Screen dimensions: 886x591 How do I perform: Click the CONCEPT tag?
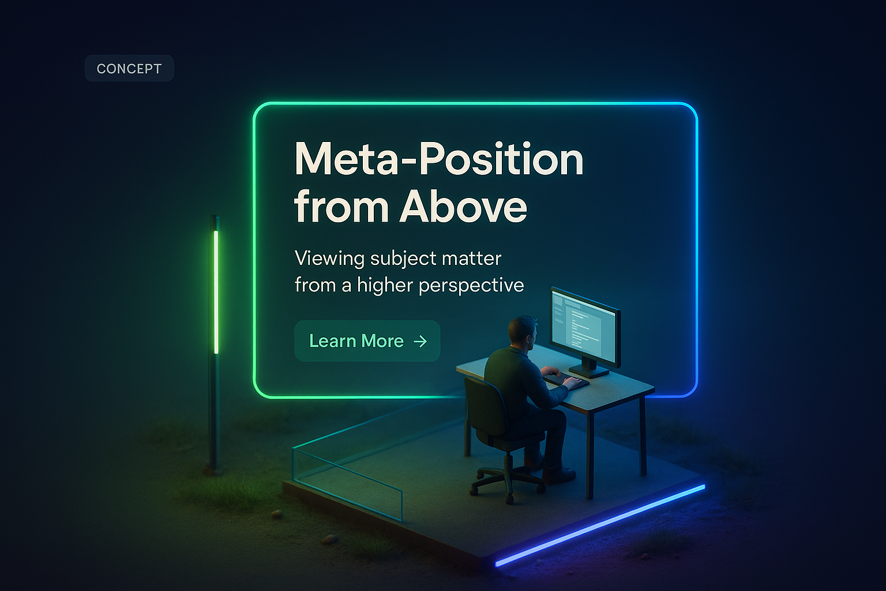[129, 69]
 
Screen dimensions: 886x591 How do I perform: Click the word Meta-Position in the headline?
[438, 159]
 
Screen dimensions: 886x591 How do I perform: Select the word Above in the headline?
[463, 207]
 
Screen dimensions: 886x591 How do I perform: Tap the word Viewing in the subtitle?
[329, 259]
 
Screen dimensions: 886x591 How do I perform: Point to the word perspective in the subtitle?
[471, 286]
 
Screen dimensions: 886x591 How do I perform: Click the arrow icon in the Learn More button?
[420, 341]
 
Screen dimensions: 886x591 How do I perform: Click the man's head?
[523, 331]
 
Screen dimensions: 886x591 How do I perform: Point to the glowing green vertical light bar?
[216, 292]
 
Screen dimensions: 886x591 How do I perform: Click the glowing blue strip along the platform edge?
[600, 525]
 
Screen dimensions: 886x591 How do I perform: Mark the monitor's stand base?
[588, 371]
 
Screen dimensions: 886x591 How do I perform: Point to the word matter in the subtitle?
[471, 259]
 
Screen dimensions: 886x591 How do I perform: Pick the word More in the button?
[382, 341]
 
